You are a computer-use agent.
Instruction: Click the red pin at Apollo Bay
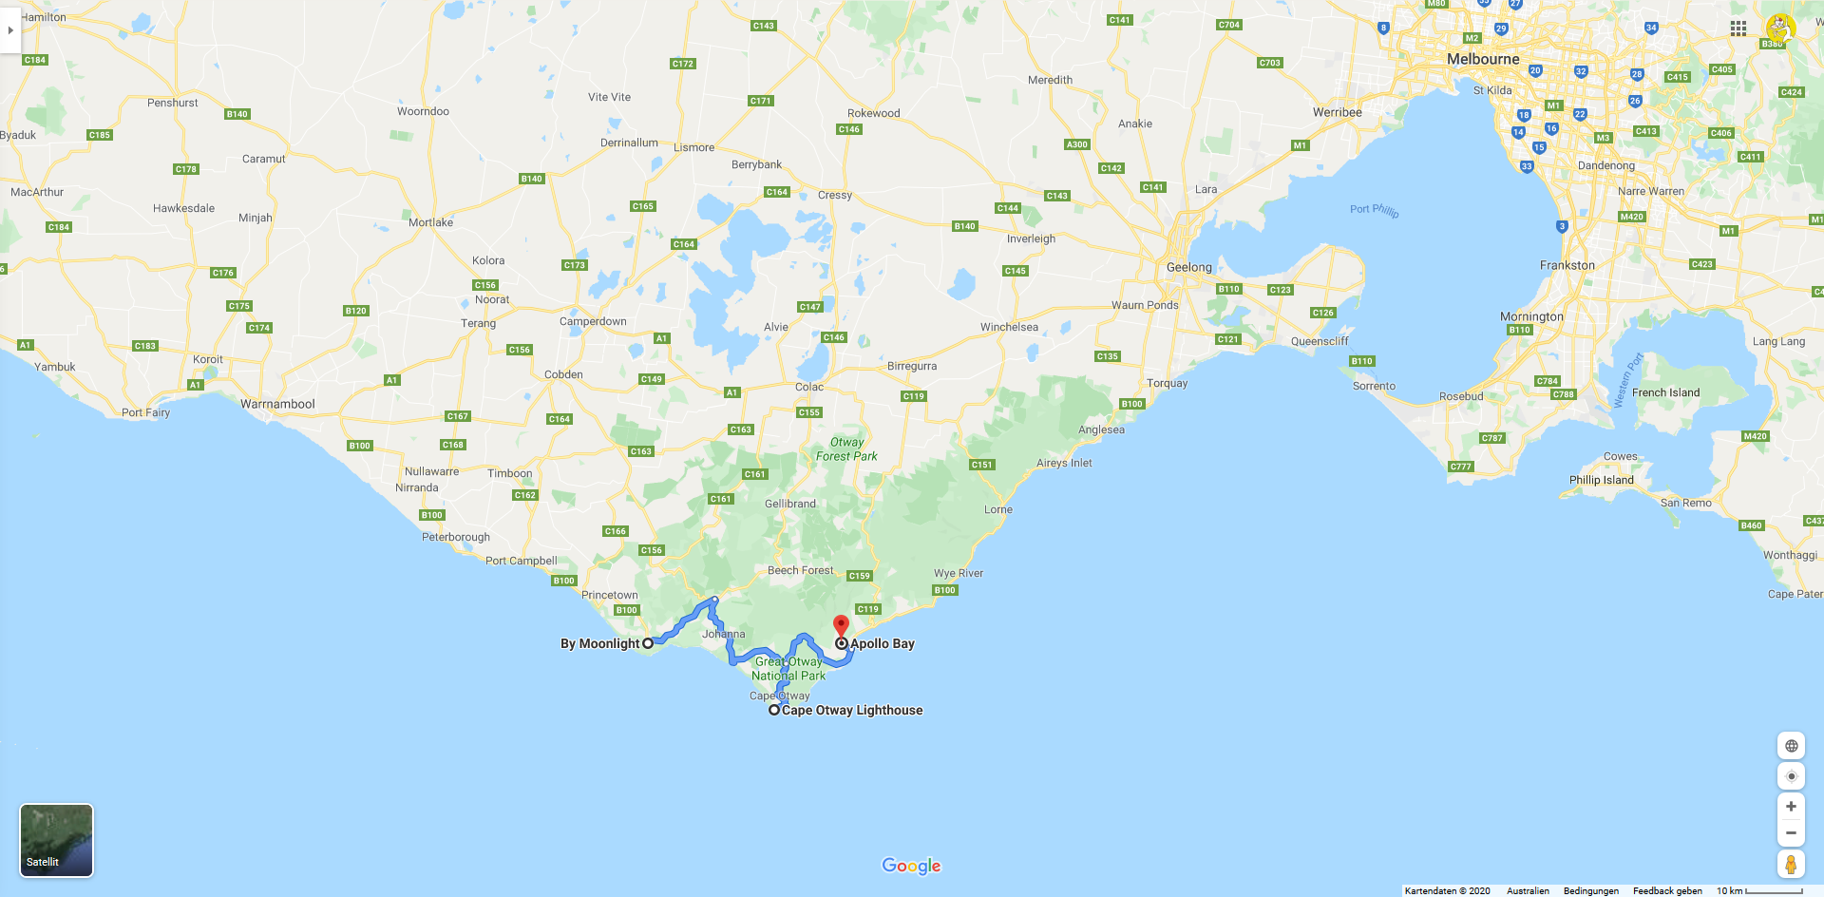841,625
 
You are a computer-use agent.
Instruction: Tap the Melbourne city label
1483,59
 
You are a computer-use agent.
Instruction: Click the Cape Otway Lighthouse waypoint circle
774,710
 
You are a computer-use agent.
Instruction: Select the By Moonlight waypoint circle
648,643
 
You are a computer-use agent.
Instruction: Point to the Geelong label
1188,267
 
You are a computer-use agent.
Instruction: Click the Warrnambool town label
277,404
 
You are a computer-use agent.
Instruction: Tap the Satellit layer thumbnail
57,840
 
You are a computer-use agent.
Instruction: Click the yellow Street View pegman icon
1790,864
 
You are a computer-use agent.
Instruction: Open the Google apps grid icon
1738,29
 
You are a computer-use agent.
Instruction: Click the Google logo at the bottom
911,866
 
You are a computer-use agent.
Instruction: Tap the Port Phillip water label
1374,210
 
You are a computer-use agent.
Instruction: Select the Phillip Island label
1601,480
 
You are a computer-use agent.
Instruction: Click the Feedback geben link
1667,890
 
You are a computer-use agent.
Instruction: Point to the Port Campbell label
521,561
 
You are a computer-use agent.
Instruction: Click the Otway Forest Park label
846,448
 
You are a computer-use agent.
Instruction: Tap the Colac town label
809,387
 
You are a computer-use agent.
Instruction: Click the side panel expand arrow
10,30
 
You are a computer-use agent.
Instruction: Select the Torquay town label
1167,383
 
